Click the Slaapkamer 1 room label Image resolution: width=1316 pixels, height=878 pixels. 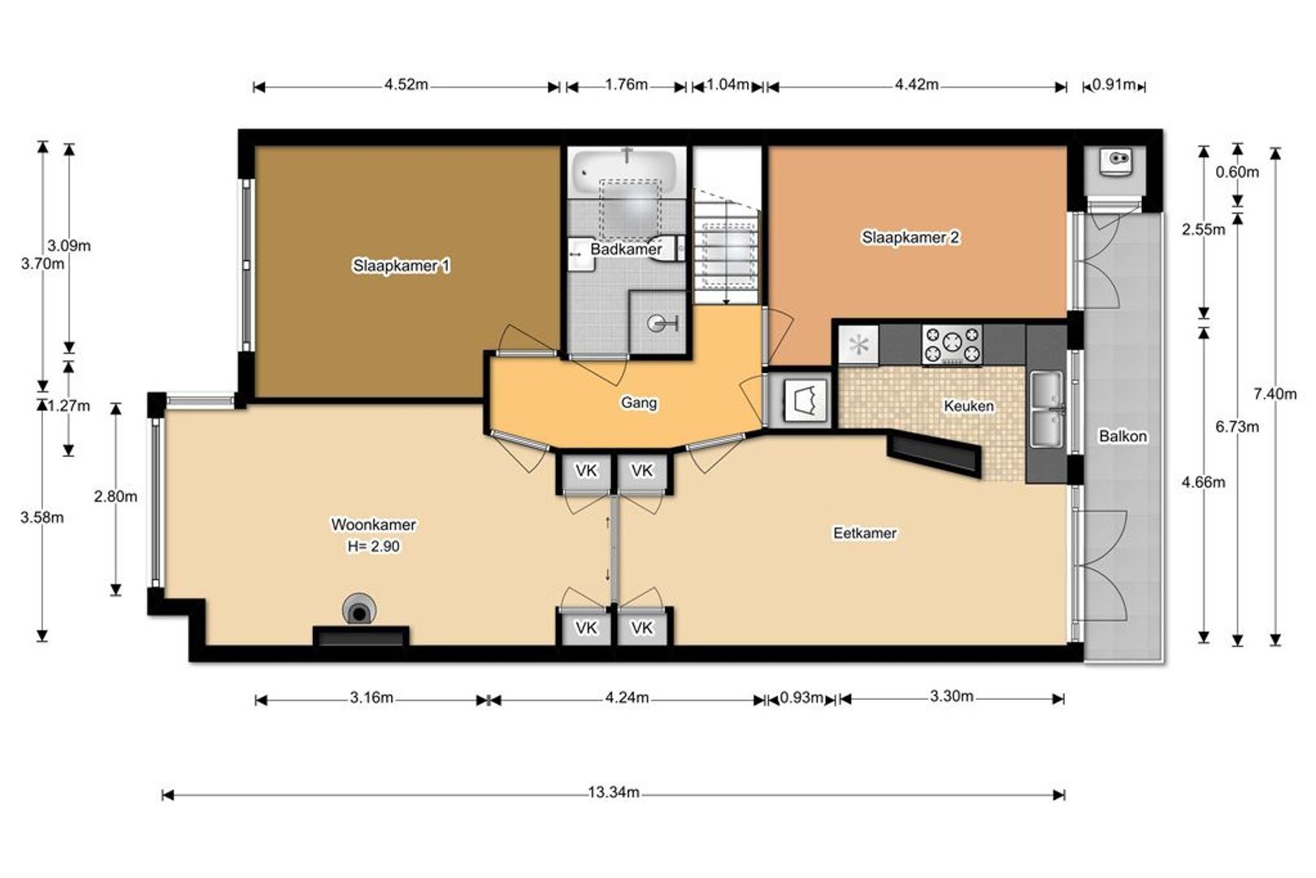pos(402,266)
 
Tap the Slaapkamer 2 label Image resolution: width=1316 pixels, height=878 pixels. pos(910,237)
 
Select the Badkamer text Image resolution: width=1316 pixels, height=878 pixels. pos(626,250)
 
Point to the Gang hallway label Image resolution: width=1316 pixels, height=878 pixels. pos(639,403)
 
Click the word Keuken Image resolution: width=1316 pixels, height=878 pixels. pos(969,406)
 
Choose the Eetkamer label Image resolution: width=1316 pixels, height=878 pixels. pos(865,533)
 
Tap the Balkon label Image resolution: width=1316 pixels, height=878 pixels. pos(1123,436)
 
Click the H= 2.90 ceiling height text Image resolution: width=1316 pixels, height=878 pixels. pos(373,546)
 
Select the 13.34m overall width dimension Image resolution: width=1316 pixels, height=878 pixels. pos(614,792)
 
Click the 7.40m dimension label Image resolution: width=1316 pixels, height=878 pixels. pos(1275,393)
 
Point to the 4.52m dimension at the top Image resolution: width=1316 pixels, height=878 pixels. pos(406,85)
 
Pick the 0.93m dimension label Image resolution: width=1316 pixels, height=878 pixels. pos(801,698)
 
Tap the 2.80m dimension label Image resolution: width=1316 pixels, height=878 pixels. pos(115,497)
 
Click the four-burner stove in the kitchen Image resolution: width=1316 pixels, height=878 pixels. pos(952,345)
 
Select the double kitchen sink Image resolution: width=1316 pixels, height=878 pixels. pos(1046,408)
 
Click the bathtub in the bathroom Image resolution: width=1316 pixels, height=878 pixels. pos(625,171)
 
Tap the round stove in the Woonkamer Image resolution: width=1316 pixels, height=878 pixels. pos(359,610)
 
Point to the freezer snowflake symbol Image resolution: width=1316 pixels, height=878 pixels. pos(859,345)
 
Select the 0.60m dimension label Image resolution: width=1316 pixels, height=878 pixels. pos(1237,172)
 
